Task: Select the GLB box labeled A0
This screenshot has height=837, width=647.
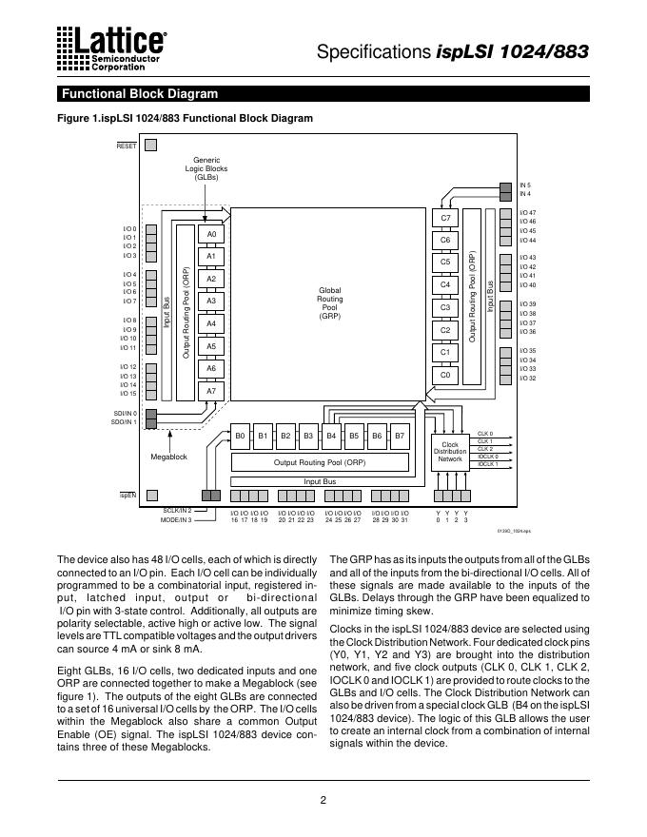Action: point(212,234)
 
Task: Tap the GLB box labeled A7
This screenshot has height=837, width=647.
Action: point(212,391)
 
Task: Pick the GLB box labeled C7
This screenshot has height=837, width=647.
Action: point(444,218)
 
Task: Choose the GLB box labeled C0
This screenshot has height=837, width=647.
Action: point(444,375)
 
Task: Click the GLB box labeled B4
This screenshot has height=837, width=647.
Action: point(331,437)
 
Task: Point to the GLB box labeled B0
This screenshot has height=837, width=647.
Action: point(240,437)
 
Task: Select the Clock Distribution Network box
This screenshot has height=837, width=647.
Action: point(450,452)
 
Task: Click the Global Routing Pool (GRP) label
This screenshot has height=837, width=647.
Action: point(329,302)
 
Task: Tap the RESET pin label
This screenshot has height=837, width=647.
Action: point(127,146)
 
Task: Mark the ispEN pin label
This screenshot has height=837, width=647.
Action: point(127,496)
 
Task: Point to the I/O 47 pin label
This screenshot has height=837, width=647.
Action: point(527,212)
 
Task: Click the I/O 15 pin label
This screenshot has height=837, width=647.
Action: point(127,393)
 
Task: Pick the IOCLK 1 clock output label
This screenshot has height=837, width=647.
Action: point(487,464)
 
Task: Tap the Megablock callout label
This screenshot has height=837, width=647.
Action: point(169,457)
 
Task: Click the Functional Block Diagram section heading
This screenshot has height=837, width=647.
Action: point(139,94)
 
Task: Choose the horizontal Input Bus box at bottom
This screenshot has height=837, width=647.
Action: point(320,482)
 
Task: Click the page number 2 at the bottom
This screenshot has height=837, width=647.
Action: point(323,799)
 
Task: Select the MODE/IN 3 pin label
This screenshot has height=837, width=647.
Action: point(176,520)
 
